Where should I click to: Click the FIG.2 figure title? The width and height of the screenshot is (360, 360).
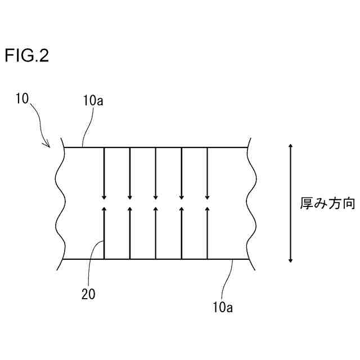(27, 56)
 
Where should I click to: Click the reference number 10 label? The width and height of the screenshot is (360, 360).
(22, 100)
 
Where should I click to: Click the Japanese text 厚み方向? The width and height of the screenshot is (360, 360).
(327, 204)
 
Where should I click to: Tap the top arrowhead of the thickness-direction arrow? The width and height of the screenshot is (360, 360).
(290, 146)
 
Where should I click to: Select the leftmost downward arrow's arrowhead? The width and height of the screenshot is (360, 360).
(104, 196)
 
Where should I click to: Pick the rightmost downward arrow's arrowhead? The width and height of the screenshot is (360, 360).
(208, 196)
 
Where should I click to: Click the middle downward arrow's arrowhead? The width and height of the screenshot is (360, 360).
(156, 196)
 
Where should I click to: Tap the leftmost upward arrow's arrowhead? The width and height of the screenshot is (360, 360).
(104, 209)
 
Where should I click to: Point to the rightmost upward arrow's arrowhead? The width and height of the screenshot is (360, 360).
(208, 209)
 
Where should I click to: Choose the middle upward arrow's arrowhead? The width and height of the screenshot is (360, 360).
(156, 209)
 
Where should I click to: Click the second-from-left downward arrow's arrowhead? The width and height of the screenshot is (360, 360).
(130, 196)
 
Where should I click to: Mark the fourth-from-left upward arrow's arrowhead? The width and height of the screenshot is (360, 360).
(182, 209)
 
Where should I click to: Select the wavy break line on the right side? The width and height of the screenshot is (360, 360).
(250, 202)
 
